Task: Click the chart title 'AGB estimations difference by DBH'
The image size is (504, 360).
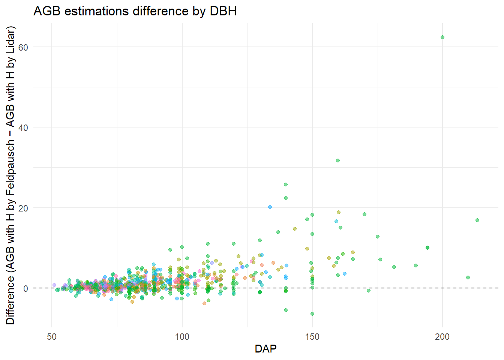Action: click(x=135, y=11)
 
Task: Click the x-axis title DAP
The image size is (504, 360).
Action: click(x=265, y=349)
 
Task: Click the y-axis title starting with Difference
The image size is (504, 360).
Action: click(x=10, y=175)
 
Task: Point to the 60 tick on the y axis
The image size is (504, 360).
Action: click(x=23, y=47)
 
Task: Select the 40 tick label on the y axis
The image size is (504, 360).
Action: click(x=23, y=127)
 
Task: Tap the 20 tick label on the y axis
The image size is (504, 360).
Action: click(x=23, y=208)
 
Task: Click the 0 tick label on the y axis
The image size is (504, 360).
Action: click(x=25, y=288)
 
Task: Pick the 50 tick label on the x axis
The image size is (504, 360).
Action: click(x=52, y=336)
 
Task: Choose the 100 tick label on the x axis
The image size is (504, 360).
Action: click(x=182, y=336)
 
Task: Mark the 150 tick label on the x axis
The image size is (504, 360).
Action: click(x=312, y=336)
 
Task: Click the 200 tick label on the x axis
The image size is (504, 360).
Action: click(x=442, y=336)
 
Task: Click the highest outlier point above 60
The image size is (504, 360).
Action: click(x=442, y=37)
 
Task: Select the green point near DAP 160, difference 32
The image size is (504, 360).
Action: click(x=338, y=160)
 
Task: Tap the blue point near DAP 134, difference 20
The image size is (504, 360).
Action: click(x=270, y=207)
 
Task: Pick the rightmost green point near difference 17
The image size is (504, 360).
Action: click(x=477, y=220)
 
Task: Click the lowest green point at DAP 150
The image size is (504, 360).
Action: click(x=312, y=314)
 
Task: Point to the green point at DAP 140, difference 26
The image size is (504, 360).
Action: click(x=286, y=184)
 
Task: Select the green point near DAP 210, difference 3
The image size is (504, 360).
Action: click(x=468, y=277)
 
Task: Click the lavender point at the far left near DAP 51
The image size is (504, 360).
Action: click(x=54, y=285)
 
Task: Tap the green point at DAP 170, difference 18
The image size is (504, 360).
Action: click(x=364, y=214)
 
